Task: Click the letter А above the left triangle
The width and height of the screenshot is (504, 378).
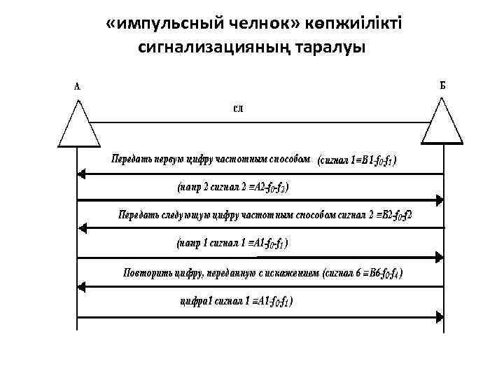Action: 77,87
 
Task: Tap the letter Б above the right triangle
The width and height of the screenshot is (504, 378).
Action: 442,85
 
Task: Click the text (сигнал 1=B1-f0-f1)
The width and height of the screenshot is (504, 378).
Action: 358,160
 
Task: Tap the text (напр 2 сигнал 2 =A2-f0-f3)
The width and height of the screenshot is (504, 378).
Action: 232,187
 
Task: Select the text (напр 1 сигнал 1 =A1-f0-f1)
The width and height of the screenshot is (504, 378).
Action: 231,244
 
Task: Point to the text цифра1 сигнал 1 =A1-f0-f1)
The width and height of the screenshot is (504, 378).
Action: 237,301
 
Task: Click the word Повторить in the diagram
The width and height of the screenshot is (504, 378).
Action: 146,272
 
